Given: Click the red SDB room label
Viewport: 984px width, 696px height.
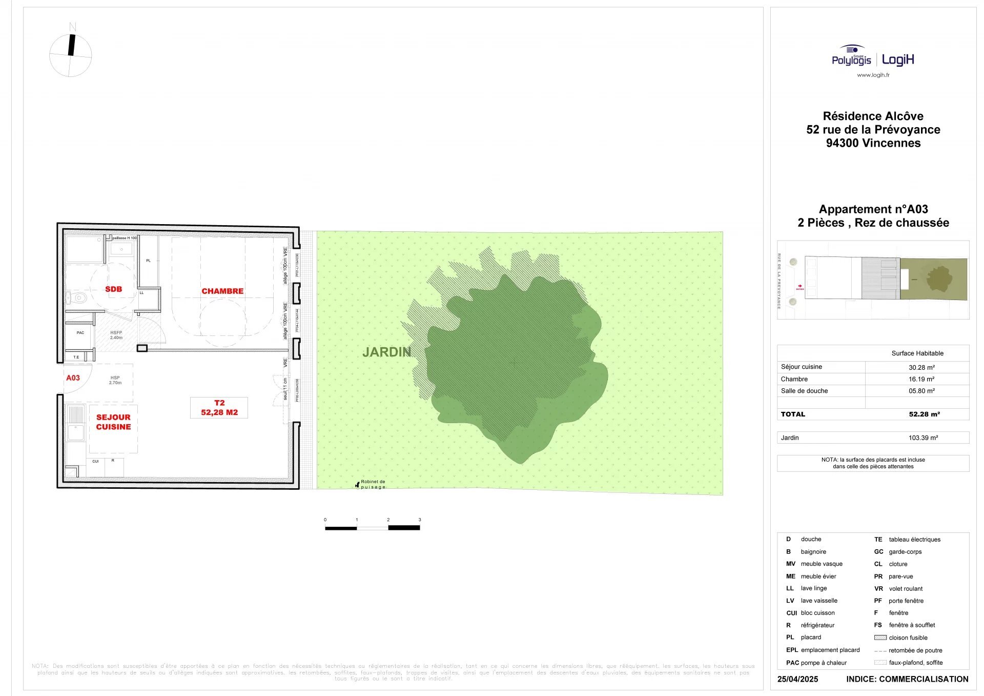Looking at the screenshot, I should (113, 289).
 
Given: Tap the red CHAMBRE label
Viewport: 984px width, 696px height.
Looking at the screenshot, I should (222, 291).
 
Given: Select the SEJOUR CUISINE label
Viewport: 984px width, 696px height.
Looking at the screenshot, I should (113, 422).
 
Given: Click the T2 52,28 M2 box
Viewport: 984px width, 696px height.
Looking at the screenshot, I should (219, 408).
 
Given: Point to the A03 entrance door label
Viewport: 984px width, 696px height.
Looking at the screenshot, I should (73, 378).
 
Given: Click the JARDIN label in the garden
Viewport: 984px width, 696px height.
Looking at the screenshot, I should (386, 352).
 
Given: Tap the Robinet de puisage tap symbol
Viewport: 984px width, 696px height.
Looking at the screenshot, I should (357, 485).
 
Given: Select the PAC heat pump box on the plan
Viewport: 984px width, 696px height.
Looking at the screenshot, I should (80, 333).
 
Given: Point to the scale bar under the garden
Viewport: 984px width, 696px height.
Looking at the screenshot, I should (373, 527).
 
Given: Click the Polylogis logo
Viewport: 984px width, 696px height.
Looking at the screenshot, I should (851, 57).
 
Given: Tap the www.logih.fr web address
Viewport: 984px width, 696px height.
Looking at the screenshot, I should (873, 75).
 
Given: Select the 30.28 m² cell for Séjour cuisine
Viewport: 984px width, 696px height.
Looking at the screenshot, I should (921, 368).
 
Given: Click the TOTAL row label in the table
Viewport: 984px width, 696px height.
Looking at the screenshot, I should (793, 414).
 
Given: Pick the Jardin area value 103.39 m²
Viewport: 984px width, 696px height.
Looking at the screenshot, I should (922, 438).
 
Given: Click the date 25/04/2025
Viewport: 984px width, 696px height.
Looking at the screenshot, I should (797, 679).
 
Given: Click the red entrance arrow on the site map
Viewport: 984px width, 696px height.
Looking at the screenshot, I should (800, 286).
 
